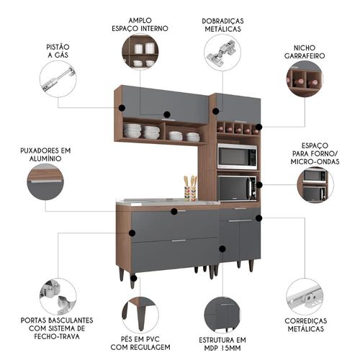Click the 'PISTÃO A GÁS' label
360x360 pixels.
tap(58, 51)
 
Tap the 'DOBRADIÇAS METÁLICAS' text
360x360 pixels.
tap(222, 25)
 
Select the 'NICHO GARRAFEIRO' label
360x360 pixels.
tap(305, 52)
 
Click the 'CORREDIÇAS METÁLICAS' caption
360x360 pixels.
tap(306, 325)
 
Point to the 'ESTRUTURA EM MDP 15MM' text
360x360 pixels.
tap(222, 344)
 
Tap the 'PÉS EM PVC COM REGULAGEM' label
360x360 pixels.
tap(140, 343)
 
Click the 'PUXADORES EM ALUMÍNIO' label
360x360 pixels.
tap(45, 155)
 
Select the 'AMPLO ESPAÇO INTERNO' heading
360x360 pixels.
tap(140, 24)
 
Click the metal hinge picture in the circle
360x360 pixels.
tap(222, 53)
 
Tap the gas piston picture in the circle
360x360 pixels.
tap(58, 79)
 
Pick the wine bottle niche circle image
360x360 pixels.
tap(305, 79)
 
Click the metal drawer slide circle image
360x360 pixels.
tap(305, 297)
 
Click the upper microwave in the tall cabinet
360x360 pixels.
tap(237, 156)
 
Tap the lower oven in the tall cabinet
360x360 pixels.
tap(237, 189)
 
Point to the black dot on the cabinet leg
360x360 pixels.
tap(134, 279)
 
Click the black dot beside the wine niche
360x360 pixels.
tap(259, 127)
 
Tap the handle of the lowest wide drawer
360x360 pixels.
tap(179, 240)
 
